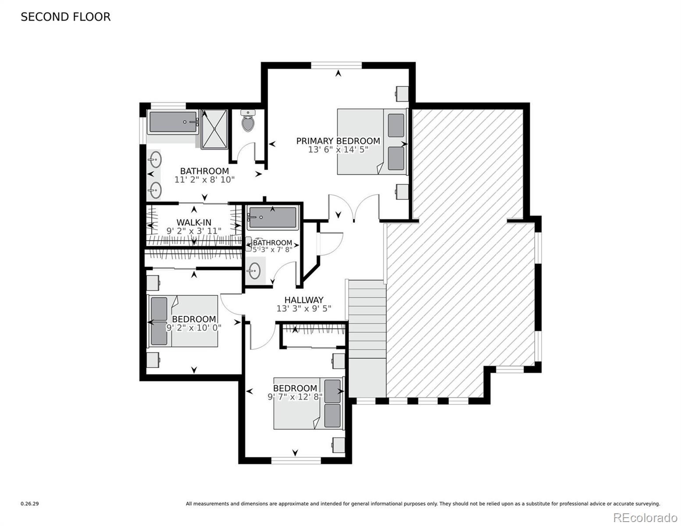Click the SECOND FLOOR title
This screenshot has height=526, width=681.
[x=65, y=17]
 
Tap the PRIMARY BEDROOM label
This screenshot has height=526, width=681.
[x=338, y=141]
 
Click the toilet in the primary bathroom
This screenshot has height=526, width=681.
[x=248, y=121]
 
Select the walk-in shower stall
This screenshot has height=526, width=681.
[x=214, y=129]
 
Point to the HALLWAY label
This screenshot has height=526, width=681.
[x=304, y=300]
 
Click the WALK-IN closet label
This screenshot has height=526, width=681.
[x=194, y=222]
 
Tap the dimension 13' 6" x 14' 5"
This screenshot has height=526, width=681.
[x=338, y=150]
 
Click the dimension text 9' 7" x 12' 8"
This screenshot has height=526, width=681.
[x=295, y=397]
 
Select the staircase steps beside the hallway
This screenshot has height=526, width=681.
[x=367, y=338]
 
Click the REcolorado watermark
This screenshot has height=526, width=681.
[x=645, y=517]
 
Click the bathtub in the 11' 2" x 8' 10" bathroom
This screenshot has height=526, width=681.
[x=173, y=122]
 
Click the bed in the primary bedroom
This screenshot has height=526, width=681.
[x=372, y=141]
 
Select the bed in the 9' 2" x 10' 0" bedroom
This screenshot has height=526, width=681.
[x=183, y=321]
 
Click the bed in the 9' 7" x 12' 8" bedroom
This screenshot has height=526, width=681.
[x=308, y=403]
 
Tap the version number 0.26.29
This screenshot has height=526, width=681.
[x=30, y=504]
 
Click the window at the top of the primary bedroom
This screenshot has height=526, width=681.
[x=336, y=65]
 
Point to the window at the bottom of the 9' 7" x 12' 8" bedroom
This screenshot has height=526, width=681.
[x=296, y=460]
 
